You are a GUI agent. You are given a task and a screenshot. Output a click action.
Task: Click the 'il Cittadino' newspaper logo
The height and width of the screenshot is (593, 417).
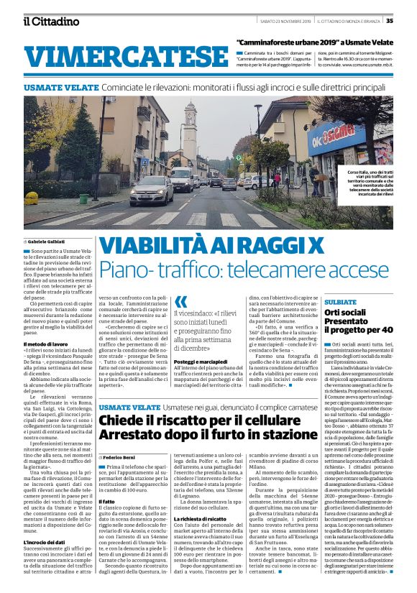51,21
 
